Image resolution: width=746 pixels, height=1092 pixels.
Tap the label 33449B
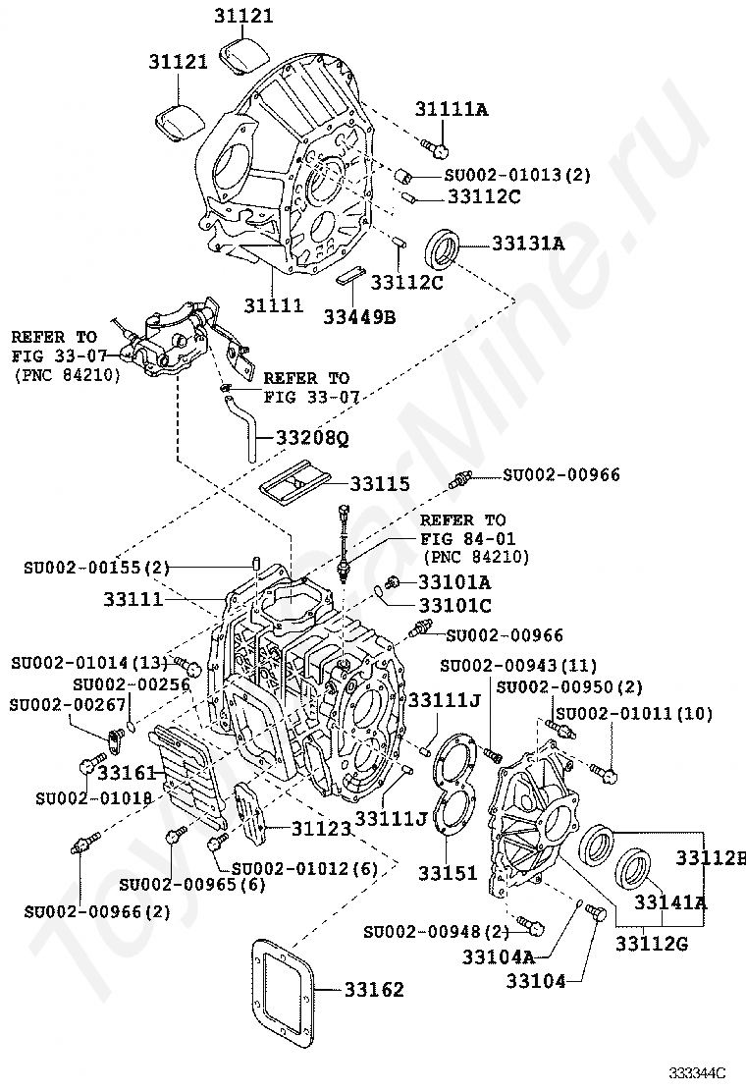tap(361, 316)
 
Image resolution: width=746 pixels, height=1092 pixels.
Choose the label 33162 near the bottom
tap(373, 989)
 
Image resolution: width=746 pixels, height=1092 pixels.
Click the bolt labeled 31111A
tap(435, 147)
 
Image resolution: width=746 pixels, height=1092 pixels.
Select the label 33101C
tap(454, 606)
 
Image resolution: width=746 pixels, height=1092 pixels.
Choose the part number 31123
tap(321, 829)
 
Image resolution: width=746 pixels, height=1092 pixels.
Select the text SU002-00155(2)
tap(97, 568)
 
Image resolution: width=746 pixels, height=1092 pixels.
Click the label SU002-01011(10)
tap(648, 713)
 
